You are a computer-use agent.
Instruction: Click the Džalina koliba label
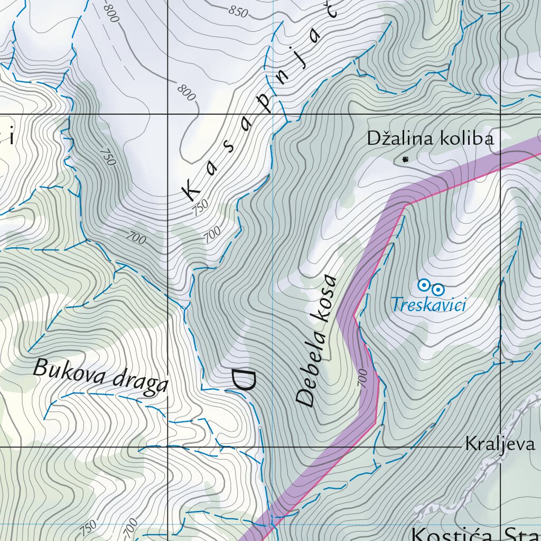431,139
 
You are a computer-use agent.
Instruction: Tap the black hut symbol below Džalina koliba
405,159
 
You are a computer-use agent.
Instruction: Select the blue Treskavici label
428,304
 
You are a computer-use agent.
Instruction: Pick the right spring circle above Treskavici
438,289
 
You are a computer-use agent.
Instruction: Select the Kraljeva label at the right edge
500,444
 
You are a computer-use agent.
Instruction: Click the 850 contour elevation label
239,11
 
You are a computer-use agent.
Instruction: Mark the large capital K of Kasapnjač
191,189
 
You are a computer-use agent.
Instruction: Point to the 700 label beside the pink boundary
362,378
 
